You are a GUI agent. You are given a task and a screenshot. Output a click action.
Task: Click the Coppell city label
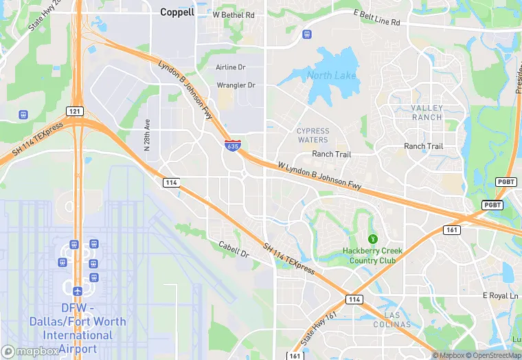[x=177, y=12]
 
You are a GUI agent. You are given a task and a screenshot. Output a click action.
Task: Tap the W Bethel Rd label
[x=234, y=14]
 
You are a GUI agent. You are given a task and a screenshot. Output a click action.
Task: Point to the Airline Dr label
[x=231, y=67]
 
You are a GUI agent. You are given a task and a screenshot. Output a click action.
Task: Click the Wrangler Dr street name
[x=236, y=85]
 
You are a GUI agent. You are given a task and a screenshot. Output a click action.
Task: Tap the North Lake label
[x=332, y=76]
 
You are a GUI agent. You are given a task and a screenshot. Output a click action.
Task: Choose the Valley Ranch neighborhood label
[x=427, y=113]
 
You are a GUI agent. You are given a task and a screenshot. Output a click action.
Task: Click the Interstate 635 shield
[x=232, y=146]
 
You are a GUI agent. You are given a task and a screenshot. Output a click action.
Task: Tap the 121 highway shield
[x=75, y=111]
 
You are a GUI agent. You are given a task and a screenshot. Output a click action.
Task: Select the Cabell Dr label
[x=234, y=249]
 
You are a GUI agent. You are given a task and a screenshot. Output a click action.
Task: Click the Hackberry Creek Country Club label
[x=373, y=256]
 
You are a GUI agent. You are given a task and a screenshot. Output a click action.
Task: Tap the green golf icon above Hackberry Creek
[x=373, y=238]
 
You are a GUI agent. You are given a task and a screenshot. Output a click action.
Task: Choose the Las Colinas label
[x=397, y=319]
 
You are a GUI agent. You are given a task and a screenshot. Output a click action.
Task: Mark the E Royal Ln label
[x=500, y=295]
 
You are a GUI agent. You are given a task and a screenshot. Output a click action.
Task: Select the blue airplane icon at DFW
[x=77, y=291]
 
